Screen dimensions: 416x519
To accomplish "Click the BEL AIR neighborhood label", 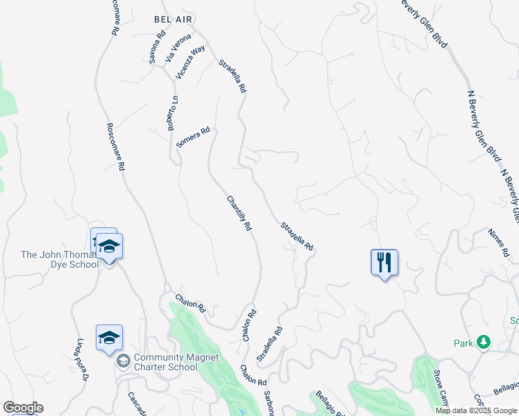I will pyautogui.click(x=173, y=20).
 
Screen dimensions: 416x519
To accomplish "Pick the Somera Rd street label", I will pyautogui.click(x=193, y=137).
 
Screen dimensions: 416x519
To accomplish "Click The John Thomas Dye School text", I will pyautogui.click(x=60, y=259).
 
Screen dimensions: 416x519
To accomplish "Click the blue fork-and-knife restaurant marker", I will pyautogui.click(x=384, y=263).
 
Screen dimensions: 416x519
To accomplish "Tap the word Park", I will pyautogui.click(x=463, y=343).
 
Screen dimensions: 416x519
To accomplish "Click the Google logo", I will pyautogui.click(x=22, y=408).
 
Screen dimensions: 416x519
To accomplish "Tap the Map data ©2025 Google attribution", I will pyautogui.click(x=476, y=410).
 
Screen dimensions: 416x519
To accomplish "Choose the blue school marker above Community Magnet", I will pyautogui.click(x=109, y=338).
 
